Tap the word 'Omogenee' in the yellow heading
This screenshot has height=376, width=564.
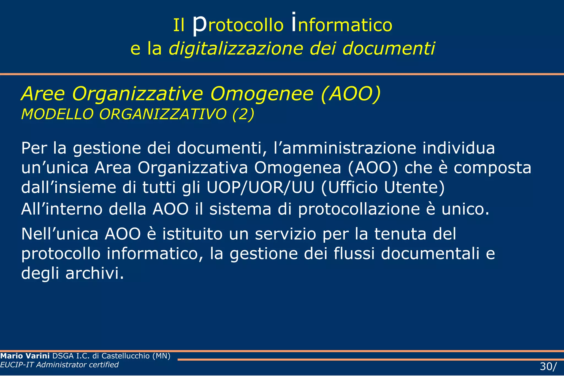pyautogui.click(x=262, y=94)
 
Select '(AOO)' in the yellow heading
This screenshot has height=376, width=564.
pyautogui.click(x=351, y=94)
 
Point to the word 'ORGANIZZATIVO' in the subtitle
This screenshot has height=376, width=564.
pyautogui.click(x=163, y=114)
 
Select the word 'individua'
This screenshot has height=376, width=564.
pyautogui.click(x=459, y=148)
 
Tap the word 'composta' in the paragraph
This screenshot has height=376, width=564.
pyautogui.click(x=492, y=168)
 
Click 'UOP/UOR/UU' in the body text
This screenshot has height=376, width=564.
pyautogui.click(x=260, y=188)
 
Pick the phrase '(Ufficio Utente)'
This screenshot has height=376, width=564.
pyautogui.click(x=383, y=188)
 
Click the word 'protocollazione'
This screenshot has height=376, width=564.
pyautogui.click(x=359, y=209)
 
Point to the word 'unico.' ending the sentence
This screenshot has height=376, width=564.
pyautogui.click(x=465, y=209)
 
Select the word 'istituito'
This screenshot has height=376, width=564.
pyautogui.click(x=192, y=234)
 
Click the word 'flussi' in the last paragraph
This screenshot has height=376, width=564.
pyautogui.click(x=354, y=253)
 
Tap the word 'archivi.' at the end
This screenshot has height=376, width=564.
pyautogui.click(x=95, y=273)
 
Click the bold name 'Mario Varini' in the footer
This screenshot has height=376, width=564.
pyautogui.click(x=25, y=356)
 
